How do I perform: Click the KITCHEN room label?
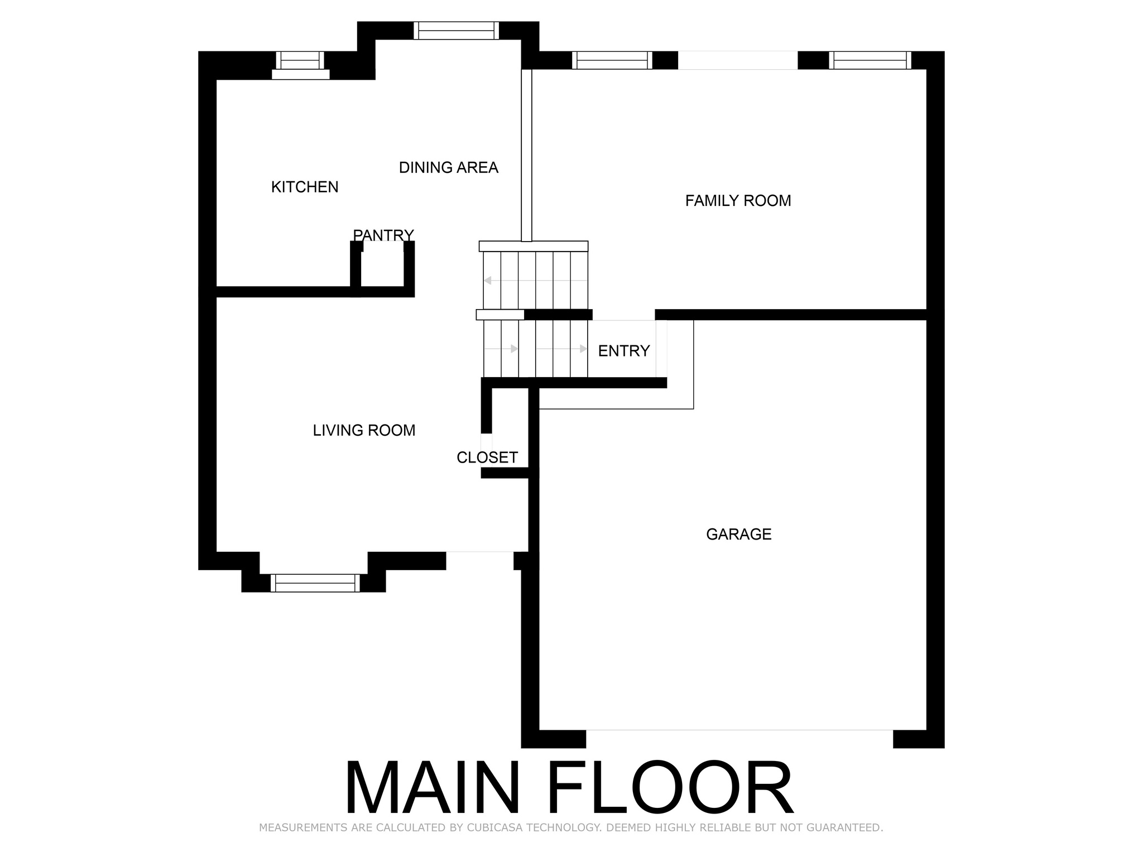pos(305,187)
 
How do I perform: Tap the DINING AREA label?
pos(449,167)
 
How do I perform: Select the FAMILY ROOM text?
pos(738,201)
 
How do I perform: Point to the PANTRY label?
pos(383,235)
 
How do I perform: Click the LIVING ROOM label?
pos(364,431)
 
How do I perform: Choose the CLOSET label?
pos(487,458)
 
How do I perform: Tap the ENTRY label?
pos(624,351)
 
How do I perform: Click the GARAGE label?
pos(739,535)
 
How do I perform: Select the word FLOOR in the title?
pos(670,788)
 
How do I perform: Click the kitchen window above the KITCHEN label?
pos(300,65)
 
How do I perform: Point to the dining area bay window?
pos(457,31)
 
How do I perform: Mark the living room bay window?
pos(315,583)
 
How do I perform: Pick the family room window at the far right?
pos(870,60)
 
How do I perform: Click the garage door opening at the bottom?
pos(739,730)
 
